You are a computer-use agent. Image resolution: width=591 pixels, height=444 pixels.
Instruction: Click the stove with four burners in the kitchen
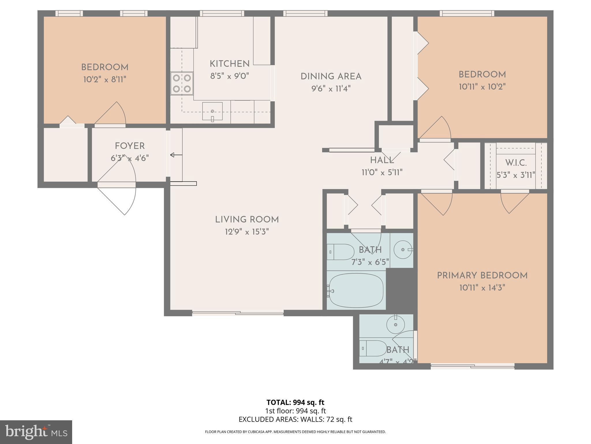click(182, 84)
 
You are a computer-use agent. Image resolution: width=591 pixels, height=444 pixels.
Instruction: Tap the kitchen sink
click(212, 111)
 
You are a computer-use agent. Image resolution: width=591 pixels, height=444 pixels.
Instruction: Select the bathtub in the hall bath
click(356, 291)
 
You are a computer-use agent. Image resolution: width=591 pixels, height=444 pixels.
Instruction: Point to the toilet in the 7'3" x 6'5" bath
click(341, 252)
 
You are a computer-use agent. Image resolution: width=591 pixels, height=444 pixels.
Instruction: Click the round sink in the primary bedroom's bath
click(396, 324)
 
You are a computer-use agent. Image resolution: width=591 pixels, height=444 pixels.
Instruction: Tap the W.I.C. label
click(516, 163)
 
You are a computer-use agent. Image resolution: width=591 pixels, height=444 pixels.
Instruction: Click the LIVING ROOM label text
click(247, 220)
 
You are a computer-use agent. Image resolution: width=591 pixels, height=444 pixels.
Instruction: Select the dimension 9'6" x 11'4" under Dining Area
click(331, 88)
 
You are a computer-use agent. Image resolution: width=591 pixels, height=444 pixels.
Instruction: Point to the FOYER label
click(130, 146)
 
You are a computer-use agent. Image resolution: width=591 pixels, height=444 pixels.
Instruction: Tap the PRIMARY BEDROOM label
click(482, 275)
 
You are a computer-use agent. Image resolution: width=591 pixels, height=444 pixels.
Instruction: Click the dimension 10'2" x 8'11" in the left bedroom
click(105, 79)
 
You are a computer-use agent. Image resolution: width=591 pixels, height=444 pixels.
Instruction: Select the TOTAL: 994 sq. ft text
click(295, 402)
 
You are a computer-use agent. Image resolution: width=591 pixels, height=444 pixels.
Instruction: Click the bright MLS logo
click(36, 432)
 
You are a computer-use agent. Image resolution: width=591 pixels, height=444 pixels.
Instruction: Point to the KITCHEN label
click(229, 64)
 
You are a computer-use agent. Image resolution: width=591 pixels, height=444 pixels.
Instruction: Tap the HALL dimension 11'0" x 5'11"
click(382, 173)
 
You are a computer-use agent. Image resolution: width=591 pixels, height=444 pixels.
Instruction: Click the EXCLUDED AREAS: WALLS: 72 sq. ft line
click(295, 419)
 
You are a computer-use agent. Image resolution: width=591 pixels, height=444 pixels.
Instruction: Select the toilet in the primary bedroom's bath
click(373, 348)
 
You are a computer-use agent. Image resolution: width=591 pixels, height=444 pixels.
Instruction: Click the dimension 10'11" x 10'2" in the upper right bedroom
click(482, 87)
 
